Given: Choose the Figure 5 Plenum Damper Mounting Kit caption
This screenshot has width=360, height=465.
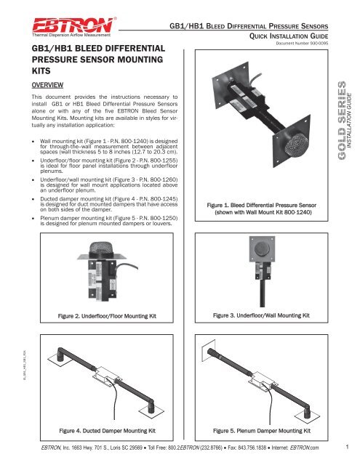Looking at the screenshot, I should tap(267, 430).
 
